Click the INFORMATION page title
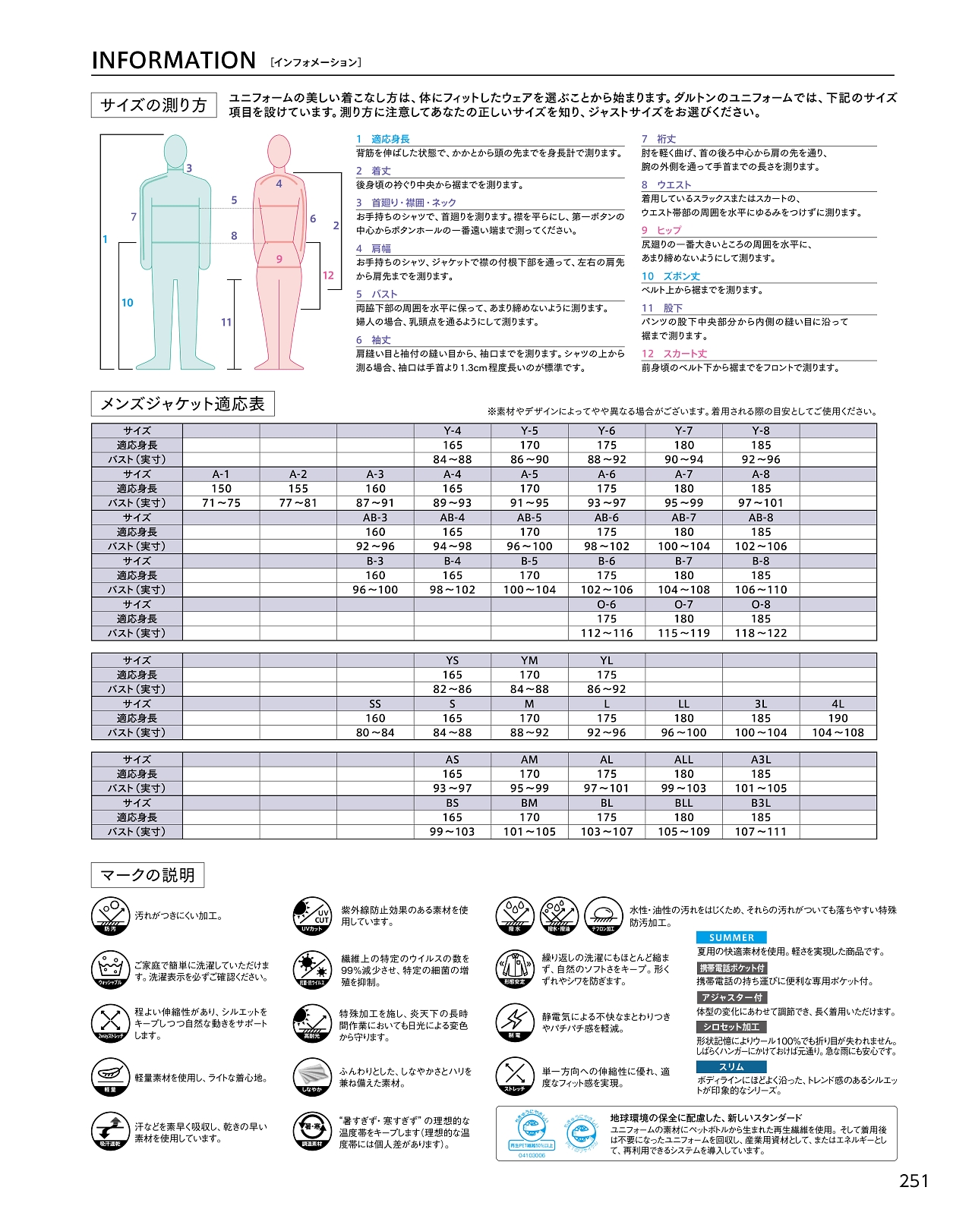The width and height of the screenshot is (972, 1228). click(173, 61)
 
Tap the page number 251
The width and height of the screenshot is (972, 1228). click(914, 1181)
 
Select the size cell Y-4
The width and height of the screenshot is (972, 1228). click(453, 430)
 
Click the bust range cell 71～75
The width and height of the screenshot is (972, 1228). click(221, 502)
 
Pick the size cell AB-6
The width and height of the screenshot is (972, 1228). click(606, 518)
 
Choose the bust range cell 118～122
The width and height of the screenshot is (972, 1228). click(761, 633)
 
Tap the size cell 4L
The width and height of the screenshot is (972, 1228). click(838, 704)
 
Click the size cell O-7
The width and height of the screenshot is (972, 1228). click(683, 604)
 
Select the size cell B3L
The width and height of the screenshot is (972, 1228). click(761, 803)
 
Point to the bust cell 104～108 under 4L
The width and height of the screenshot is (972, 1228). click(838, 733)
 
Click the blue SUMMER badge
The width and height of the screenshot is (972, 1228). click(731, 938)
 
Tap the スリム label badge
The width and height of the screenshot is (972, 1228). click(731, 1067)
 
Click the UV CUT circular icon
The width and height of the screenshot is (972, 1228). click(312, 915)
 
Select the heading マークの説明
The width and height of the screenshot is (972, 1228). click(147, 875)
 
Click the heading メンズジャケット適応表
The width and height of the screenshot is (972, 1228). click(182, 404)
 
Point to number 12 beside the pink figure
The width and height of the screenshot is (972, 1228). click(328, 276)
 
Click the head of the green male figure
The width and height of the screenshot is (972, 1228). click(175, 151)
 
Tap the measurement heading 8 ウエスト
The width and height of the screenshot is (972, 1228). click(666, 184)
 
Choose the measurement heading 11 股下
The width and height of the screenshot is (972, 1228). click(662, 308)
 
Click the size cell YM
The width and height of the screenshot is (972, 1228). click(529, 661)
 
